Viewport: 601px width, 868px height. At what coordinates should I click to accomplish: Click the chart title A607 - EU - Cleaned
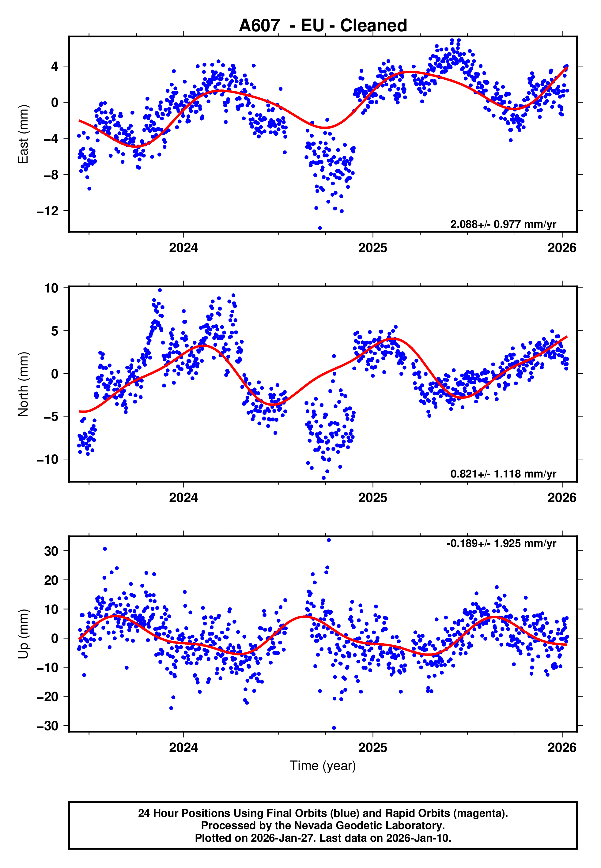pyautogui.click(x=323, y=26)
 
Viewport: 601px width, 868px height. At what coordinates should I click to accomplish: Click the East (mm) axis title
pyautogui.click(x=23, y=134)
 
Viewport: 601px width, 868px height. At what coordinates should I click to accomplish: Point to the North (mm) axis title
pyautogui.click(x=23, y=384)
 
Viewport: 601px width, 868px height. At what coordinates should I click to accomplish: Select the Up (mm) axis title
pyautogui.click(x=23, y=634)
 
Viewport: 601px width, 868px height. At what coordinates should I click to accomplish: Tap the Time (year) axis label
pyautogui.click(x=323, y=766)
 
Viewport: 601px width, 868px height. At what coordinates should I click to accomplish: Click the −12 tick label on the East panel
pyautogui.click(x=48, y=211)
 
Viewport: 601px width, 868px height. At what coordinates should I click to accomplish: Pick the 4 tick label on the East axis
pyautogui.click(x=55, y=67)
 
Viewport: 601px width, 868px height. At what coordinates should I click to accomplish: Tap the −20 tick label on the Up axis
pyautogui.click(x=48, y=697)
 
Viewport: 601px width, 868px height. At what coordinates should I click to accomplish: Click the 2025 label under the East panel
pyautogui.click(x=372, y=248)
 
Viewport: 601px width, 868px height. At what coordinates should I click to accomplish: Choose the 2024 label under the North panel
pyautogui.click(x=183, y=498)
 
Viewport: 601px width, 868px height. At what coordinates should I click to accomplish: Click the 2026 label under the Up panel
pyautogui.click(x=562, y=748)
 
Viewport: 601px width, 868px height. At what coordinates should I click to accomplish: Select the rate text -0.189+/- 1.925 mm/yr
pyautogui.click(x=501, y=544)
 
